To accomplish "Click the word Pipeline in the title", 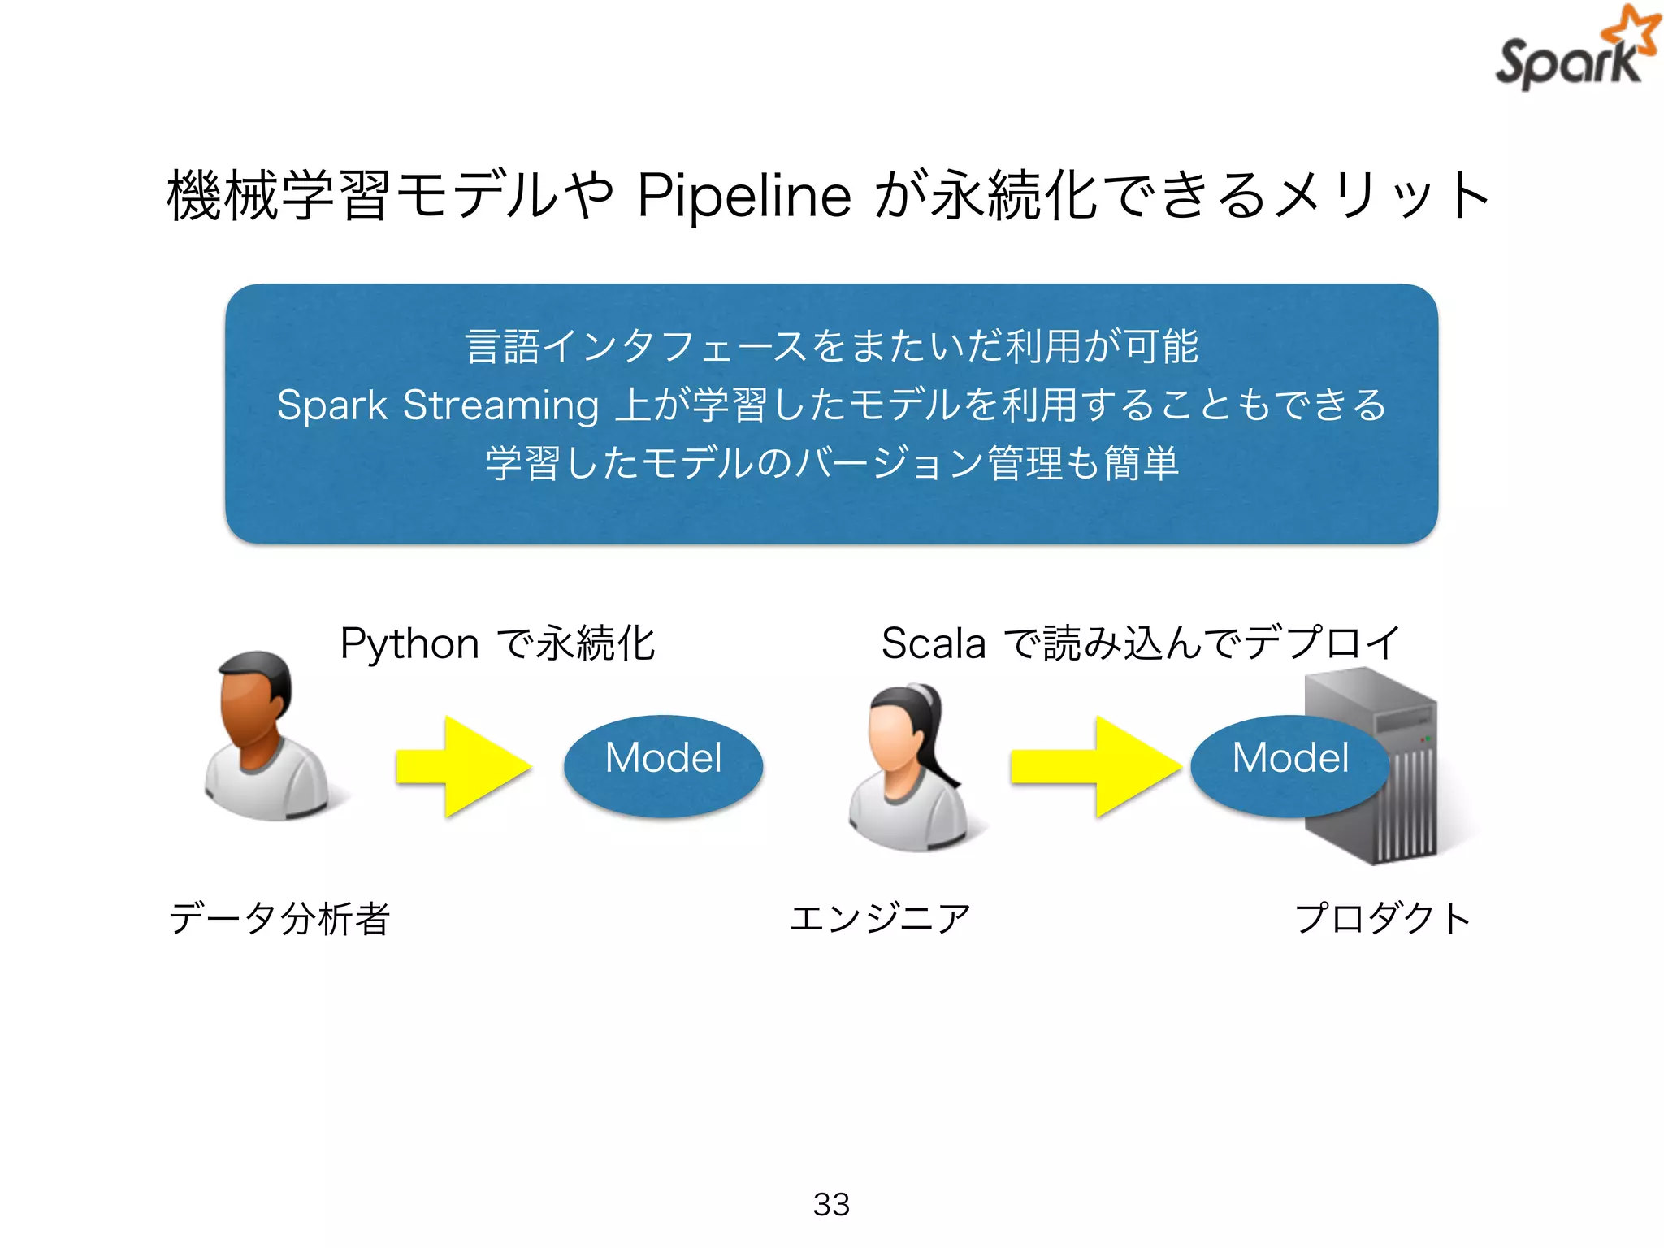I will (x=743, y=196).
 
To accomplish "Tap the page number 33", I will (x=830, y=1204).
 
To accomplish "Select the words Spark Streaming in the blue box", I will (x=437, y=405).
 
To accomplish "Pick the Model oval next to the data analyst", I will (x=663, y=765).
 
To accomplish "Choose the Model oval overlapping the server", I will (x=1289, y=765).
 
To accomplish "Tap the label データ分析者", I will (x=279, y=919).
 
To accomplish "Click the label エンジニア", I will (x=880, y=919).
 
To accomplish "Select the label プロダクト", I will (x=1383, y=919).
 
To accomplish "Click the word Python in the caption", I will (x=409, y=643).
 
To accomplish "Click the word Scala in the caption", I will (x=933, y=643).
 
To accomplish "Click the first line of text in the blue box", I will (x=830, y=346).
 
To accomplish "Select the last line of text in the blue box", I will (x=830, y=463).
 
